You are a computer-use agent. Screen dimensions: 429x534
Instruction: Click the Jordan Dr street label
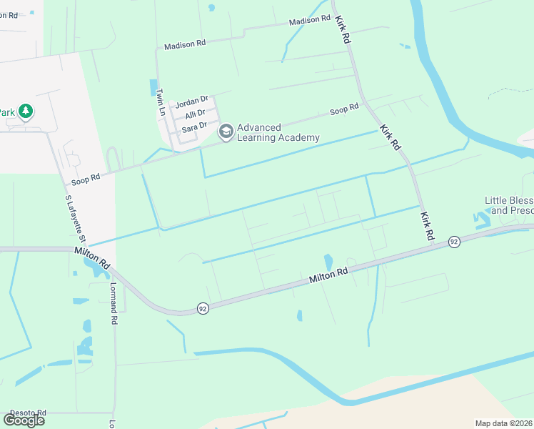191,101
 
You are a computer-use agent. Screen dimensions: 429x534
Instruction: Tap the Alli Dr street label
195,114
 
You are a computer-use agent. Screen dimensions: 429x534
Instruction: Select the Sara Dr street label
193,127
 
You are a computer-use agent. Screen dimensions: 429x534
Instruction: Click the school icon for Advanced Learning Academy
226,131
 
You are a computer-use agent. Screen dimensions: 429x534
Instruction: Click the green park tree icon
26,111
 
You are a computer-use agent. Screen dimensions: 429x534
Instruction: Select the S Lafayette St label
70,218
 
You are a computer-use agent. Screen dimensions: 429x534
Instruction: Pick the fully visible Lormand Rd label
113,301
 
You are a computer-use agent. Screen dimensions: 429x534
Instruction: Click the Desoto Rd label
27,413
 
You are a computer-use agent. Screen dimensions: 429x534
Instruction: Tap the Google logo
24,420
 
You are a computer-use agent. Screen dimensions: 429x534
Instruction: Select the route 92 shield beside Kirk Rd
454,242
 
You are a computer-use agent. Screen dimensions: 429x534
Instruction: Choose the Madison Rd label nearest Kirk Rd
309,21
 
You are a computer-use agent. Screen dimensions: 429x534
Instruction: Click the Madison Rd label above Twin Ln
184,44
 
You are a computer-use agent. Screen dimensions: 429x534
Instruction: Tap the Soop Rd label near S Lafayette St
86,179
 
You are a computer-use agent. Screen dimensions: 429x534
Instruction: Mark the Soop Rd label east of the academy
344,111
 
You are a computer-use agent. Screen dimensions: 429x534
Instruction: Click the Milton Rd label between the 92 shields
328,275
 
